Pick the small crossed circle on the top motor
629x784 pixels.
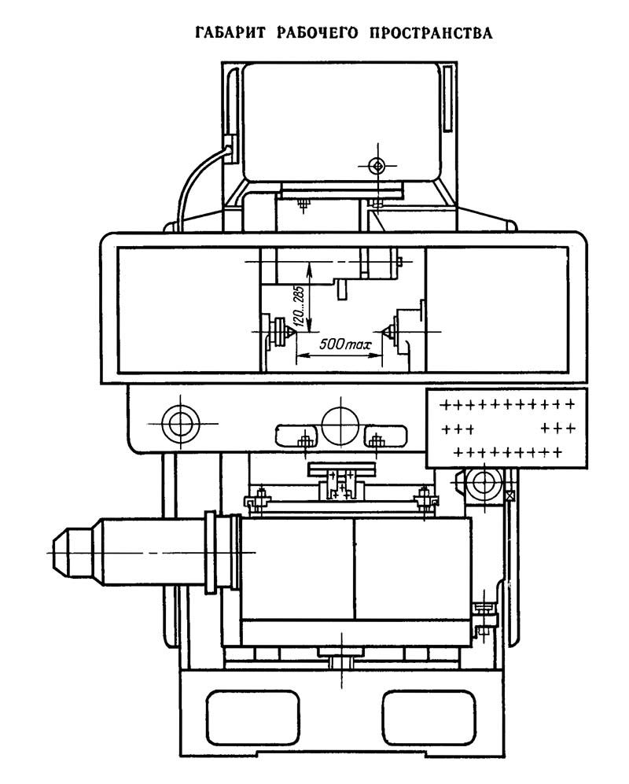[379, 165]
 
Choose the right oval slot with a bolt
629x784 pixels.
[384, 435]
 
